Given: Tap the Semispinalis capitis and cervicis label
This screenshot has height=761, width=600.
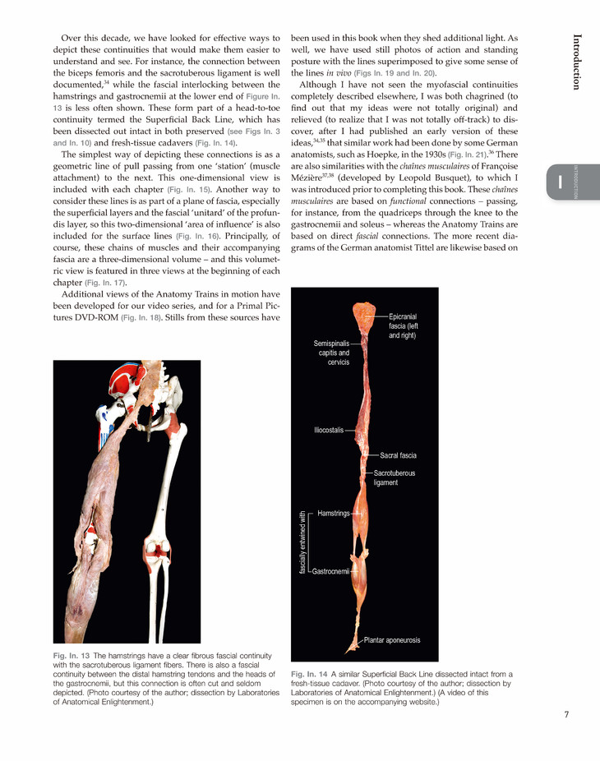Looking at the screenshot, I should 333,353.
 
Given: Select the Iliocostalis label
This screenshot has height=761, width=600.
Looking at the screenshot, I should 329,429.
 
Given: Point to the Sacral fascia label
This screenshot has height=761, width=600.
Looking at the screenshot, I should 398,455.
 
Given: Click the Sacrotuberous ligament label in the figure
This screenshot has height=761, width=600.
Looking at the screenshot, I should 395,478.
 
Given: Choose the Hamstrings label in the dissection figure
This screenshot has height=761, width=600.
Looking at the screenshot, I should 333,513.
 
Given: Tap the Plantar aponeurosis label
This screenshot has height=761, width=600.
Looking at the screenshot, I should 398,639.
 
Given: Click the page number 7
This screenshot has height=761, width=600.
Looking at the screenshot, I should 566,713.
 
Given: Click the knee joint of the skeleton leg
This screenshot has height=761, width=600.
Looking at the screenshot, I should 157,548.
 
